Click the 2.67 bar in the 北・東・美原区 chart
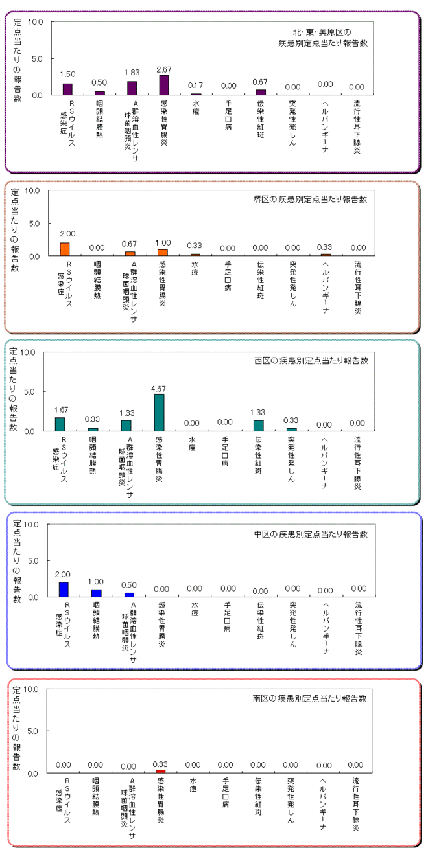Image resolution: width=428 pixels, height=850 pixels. coord(163,85)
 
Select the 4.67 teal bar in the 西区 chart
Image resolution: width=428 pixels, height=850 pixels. coord(159,412)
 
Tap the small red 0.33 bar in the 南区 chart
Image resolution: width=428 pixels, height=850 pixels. coord(160,772)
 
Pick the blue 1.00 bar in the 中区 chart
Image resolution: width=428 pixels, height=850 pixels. coord(96,593)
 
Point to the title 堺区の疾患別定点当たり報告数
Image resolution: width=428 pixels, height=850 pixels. coord(309,199)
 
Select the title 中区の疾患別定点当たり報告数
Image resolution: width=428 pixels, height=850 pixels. coord(311,534)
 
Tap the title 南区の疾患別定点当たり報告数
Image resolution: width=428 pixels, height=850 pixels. coord(309,699)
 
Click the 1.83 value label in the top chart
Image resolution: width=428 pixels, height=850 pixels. coord(132,72)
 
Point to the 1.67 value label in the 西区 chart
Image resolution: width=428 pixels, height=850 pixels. coord(60,409)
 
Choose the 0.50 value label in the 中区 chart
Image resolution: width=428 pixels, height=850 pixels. coord(128,585)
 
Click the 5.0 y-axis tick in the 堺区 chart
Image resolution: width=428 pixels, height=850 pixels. coord(34,223)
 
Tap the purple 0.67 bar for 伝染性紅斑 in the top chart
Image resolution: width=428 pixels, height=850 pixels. coord(261,92)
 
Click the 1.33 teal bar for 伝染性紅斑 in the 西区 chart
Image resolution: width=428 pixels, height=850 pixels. coord(259,425)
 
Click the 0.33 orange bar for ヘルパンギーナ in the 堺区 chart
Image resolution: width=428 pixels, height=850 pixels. coord(326,255)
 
